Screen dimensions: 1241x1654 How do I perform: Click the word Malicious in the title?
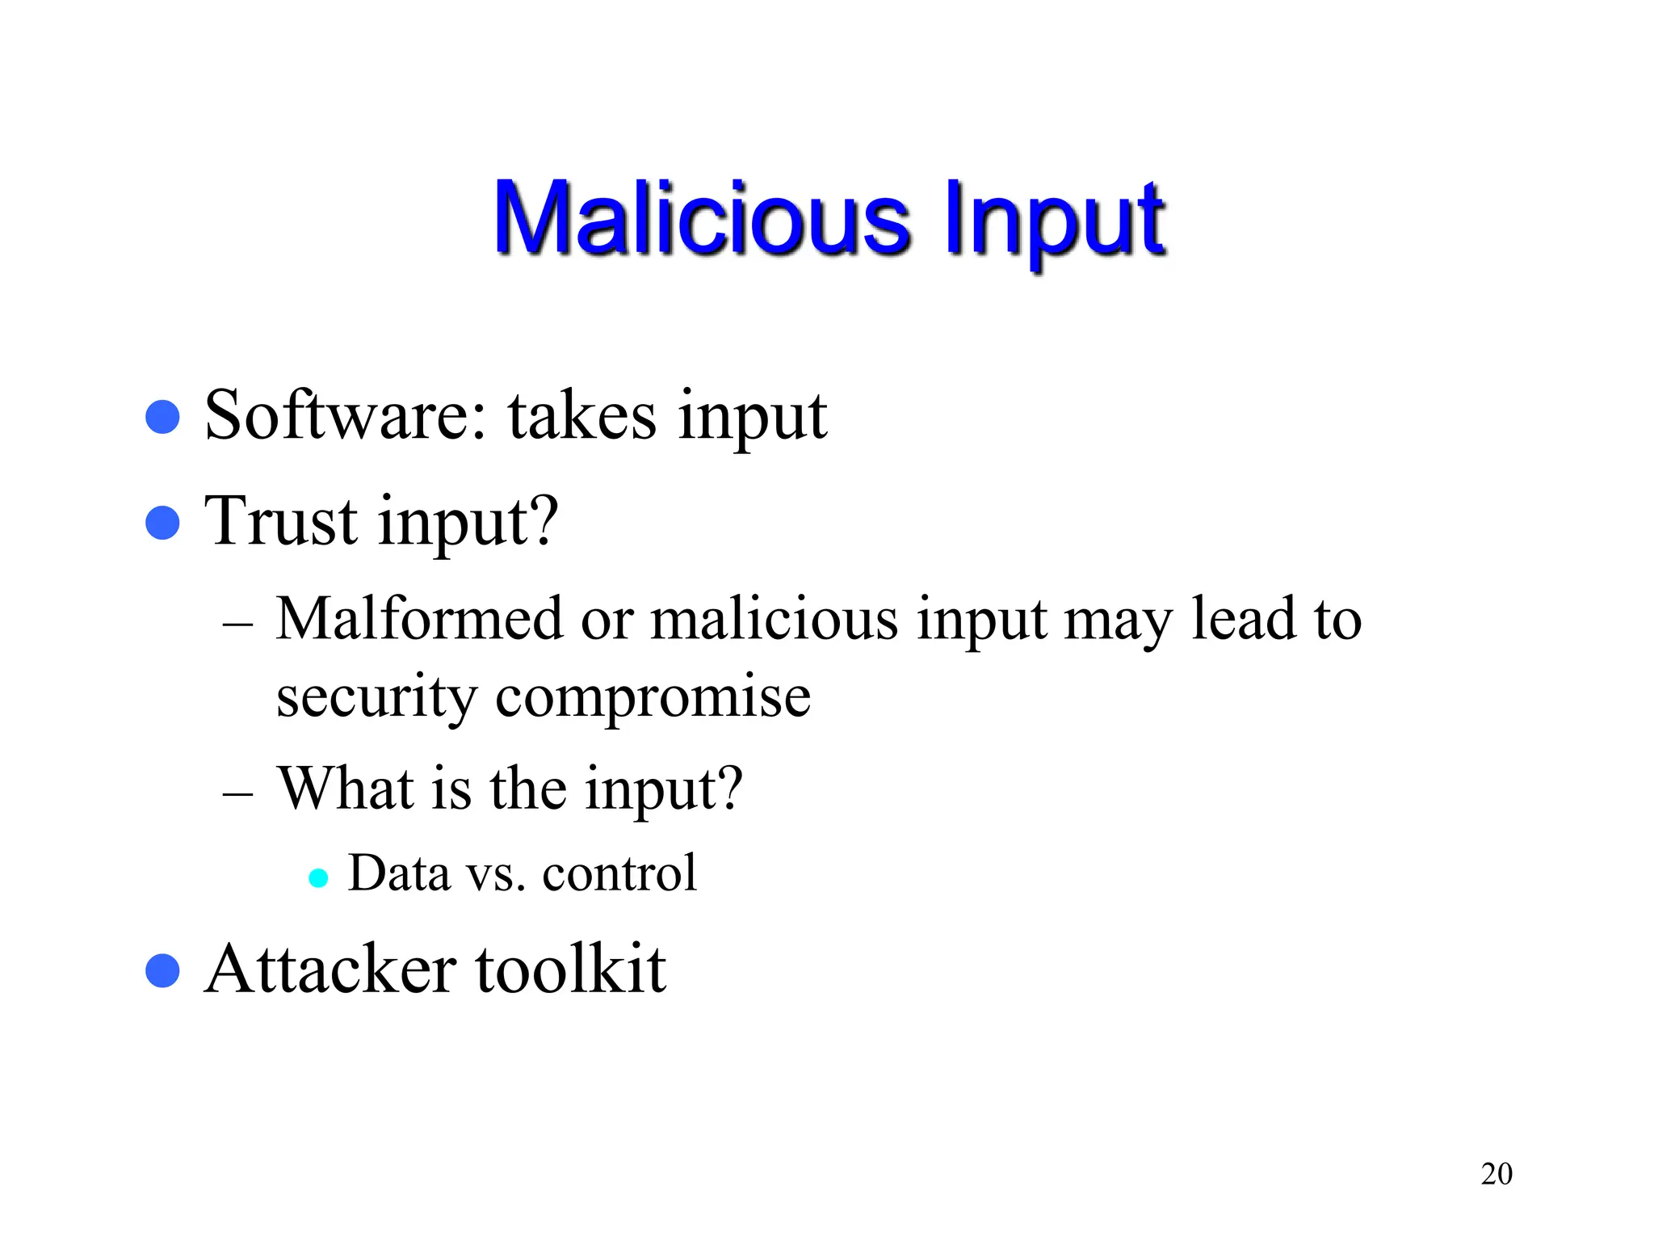pyautogui.click(x=702, y=218)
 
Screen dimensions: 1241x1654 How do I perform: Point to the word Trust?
pyautogui.click(x=280, y=521)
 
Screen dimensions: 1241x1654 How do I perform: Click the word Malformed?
pyautogui.click(x=419, y=619)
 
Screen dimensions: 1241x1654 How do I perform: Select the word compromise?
pyautogui.click(x=653, y=696)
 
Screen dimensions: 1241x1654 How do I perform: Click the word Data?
pyautogui.click(x=399, y=873)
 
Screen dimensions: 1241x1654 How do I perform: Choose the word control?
pyautogui.click(x=619, y=873)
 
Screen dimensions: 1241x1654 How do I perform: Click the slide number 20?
pyautogui.click(x=1497, y=1174)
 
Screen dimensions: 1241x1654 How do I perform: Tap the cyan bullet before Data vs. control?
pyautogui.click(x=319, y=878)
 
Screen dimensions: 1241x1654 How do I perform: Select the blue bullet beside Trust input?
pyautogui.click(x=162, y=523)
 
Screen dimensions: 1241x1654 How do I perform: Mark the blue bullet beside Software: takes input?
pyautogui.click(x=162, y=417)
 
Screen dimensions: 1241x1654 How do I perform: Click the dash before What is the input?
pyautogui.click(x=237, y=793)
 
